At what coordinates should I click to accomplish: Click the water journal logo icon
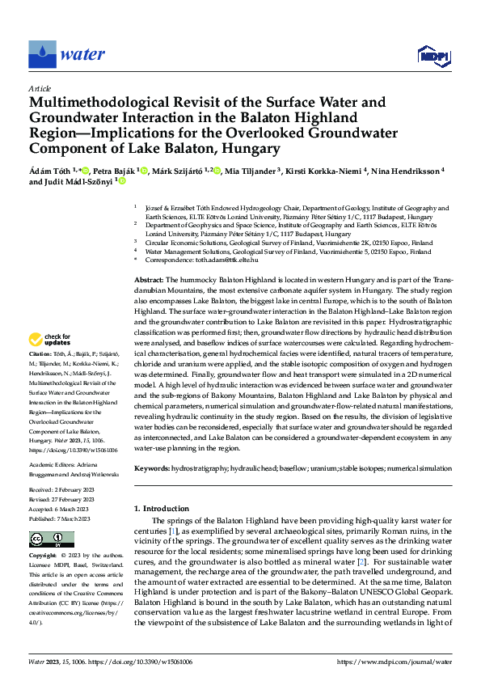pyautogui.click(x=42, y=53)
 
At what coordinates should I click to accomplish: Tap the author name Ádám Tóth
pyautogui.click(x=52, y=171)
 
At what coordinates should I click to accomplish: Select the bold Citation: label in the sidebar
pyautogui.click(x=41, y=355)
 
